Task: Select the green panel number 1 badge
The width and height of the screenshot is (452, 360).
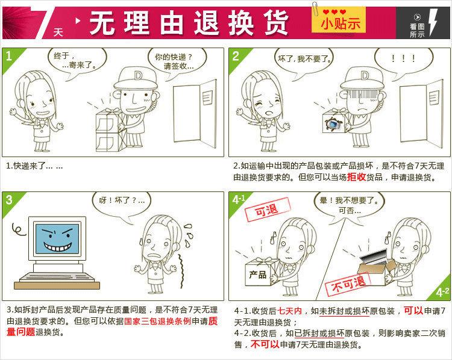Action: [9, 57]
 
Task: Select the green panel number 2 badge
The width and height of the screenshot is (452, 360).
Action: [236, 57]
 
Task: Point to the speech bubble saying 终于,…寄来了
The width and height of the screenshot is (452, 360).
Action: [76, 60]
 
